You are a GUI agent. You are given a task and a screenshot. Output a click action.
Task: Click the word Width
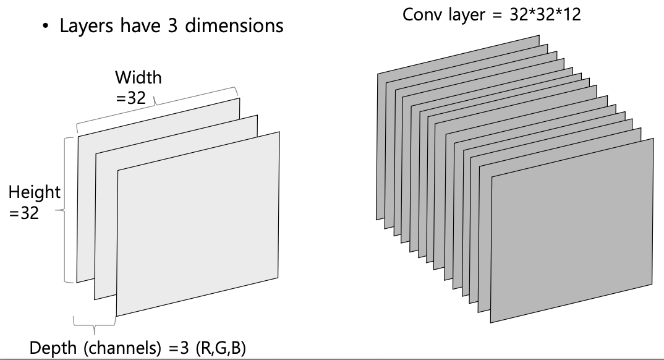138,78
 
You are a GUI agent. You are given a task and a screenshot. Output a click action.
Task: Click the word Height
35,192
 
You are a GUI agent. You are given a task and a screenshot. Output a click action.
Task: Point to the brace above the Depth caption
95,322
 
